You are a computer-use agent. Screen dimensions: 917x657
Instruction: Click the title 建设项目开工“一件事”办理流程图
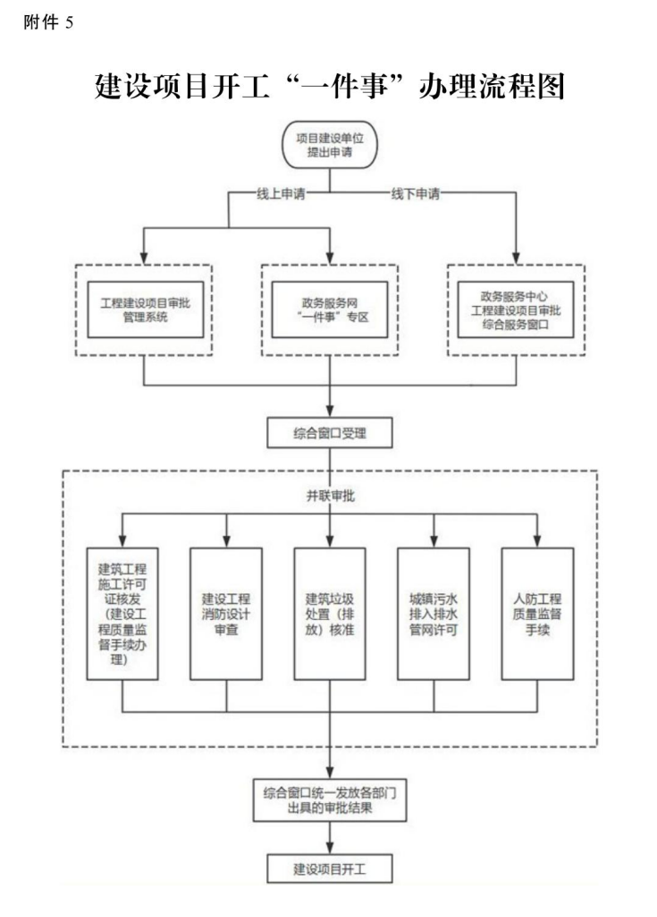pos(329,86)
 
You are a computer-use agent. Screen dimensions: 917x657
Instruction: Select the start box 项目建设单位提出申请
pos(329,145)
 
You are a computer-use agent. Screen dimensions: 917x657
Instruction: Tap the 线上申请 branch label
pos(280,193)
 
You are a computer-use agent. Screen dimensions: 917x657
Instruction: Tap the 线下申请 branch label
pos(415,193)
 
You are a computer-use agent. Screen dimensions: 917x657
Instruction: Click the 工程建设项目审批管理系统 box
pos(145,310)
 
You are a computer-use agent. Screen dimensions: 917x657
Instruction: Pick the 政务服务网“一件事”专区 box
pos(330,310)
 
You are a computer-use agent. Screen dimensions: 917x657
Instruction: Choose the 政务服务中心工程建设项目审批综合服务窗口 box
pos(515,310)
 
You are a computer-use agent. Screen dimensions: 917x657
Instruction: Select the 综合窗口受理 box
pos(330,435)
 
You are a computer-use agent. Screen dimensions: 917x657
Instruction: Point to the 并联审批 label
pos(330,497)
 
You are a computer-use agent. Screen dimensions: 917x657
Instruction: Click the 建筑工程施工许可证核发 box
pos(122,613)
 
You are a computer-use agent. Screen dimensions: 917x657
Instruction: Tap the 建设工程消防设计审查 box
pos(226,613)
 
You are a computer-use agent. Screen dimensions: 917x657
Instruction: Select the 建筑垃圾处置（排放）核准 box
pos(330,613)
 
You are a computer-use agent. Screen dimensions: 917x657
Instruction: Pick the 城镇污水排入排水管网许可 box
pos(434,613)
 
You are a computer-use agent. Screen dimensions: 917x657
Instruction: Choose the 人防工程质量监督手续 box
pos(537,613)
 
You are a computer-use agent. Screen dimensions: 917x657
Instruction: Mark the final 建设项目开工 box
pos(330,868)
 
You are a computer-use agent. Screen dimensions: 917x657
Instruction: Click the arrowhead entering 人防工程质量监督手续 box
pos(537,540)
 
